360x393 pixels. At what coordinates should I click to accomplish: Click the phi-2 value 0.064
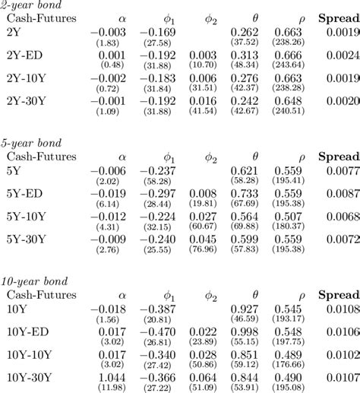pyautogui.click(x=203, y=376)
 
